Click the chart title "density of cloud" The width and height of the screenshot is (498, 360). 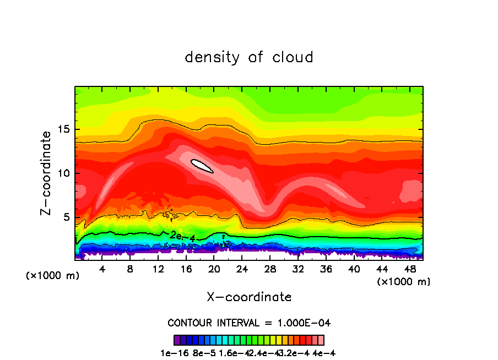249,57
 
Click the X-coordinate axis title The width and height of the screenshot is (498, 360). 249,297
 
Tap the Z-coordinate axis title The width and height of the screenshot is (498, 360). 46,173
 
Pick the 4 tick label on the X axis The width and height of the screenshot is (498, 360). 102,269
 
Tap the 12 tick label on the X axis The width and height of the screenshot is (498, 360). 158,269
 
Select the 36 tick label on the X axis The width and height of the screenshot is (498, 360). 326,269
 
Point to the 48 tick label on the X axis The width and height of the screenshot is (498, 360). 410,269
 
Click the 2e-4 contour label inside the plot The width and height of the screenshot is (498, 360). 182,236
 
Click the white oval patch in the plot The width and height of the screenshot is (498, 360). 202,166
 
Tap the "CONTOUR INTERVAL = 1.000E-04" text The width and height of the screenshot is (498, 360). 249,323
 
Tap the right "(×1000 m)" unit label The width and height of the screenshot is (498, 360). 404,282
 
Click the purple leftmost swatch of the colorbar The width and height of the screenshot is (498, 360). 177,340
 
